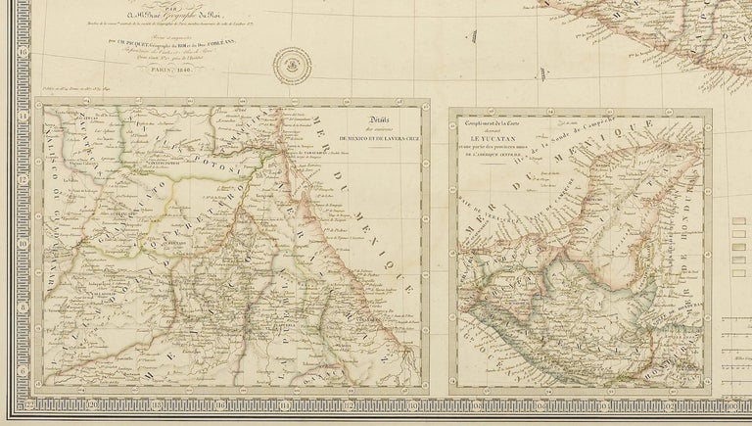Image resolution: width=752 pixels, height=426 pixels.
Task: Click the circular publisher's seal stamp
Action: (291, 64)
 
